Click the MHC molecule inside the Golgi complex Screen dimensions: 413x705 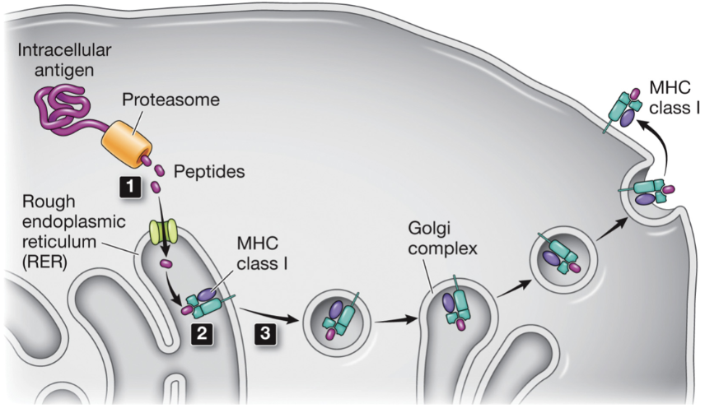point(457,309)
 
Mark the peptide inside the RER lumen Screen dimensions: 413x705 point(166,265)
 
